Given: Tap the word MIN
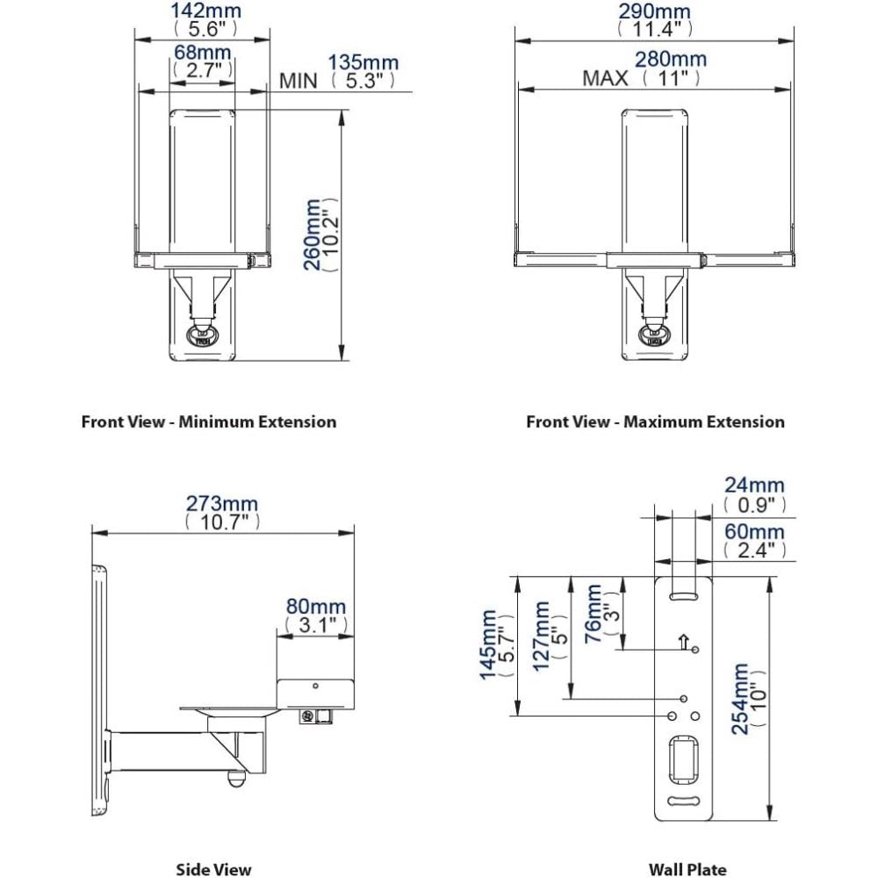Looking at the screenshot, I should [x=299, y=81].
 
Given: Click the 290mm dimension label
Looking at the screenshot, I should [x=653, y=11].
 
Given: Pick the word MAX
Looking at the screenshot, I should [x=605, y=78].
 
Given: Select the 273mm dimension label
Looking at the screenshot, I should [x=222, y=504].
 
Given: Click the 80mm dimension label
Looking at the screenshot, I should [x=315, y=607].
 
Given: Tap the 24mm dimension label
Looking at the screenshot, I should [x=754, y=486].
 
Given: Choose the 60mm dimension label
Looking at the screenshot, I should [x=754, y=532].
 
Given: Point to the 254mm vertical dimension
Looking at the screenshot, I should [x=743, y=698].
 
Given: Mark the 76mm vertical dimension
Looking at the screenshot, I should [x=594, y=613].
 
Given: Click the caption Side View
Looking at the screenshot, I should [x=213, y=869].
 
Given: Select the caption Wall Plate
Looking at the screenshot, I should [x=687, y=869].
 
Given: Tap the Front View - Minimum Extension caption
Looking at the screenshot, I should [x=209, y=421].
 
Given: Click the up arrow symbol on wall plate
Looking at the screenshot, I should [x=683, y=642].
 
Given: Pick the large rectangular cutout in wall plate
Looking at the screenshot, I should [x=684, y=757].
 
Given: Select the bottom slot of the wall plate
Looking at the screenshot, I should [x=684, y=802].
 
